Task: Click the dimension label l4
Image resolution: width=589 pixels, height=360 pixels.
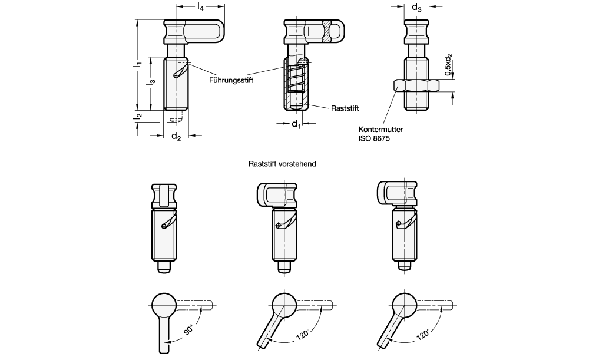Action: click(x=200, y=7)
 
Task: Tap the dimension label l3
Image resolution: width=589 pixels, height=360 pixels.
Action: click(x=151, y=83)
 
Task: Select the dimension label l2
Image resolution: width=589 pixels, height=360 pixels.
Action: click(x=137, y=117)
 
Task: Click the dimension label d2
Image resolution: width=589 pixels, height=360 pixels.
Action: click(x=176, y=137)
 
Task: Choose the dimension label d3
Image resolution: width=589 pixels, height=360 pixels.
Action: click(x=416, y=8)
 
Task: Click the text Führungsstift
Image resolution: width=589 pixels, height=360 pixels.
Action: click(x=231, y=81)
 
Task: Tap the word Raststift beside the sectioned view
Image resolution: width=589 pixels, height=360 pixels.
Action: click(x=345, y=108)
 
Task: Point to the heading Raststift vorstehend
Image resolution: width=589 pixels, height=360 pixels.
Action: click(x=283, y=164)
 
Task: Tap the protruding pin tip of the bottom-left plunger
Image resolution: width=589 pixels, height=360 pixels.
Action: click(x=166, y=267)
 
